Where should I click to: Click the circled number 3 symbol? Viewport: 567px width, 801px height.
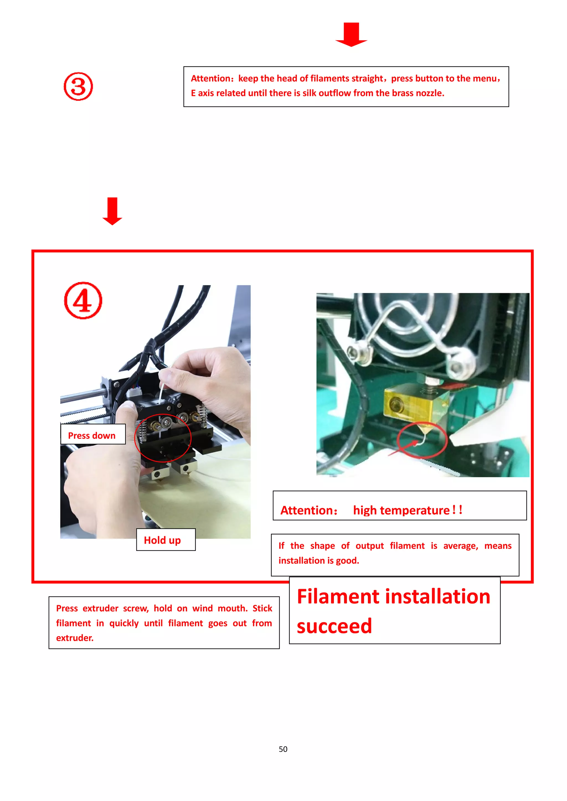[78, 87]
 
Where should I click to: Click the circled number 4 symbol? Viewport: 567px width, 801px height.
[83, 301]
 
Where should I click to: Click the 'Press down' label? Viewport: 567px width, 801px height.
[92, 435]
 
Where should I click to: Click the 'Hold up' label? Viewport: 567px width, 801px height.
[162, 540]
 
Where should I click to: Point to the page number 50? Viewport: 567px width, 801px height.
[283, 749]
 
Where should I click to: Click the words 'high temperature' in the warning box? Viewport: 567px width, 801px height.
[401, 510]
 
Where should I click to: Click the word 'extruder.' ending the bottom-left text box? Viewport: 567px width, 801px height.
[75, 638]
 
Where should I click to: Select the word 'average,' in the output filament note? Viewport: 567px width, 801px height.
[460, 546]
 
